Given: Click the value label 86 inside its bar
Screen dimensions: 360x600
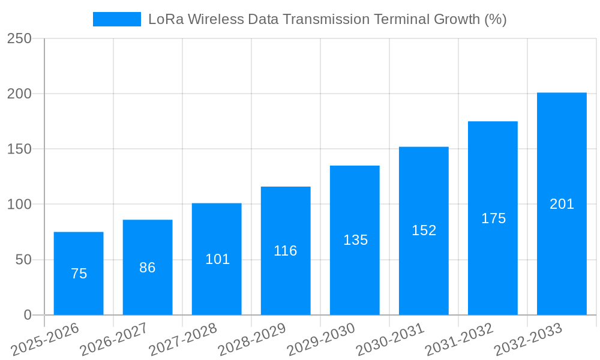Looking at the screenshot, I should pos(148,268).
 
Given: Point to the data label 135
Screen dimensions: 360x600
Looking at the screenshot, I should pos(355,240).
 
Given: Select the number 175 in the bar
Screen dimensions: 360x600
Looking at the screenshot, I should pos(493,218).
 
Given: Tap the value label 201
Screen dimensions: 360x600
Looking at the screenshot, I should pos(562,204).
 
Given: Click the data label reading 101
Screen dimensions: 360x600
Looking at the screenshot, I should pos(217,259).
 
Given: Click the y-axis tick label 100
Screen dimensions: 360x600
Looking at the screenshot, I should pos(19,205).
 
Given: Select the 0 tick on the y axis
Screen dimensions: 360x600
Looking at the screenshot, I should pos(27,315).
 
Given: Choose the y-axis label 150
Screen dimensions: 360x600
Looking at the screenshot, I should pos(19,149).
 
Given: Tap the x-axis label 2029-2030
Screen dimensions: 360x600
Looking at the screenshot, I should pos(321,340).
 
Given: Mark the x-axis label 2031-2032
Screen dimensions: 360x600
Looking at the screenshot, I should pos(459,340).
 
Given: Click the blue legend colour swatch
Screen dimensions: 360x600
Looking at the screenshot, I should pos(116,19).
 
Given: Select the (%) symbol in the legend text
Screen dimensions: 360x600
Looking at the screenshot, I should pos(495,19).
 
